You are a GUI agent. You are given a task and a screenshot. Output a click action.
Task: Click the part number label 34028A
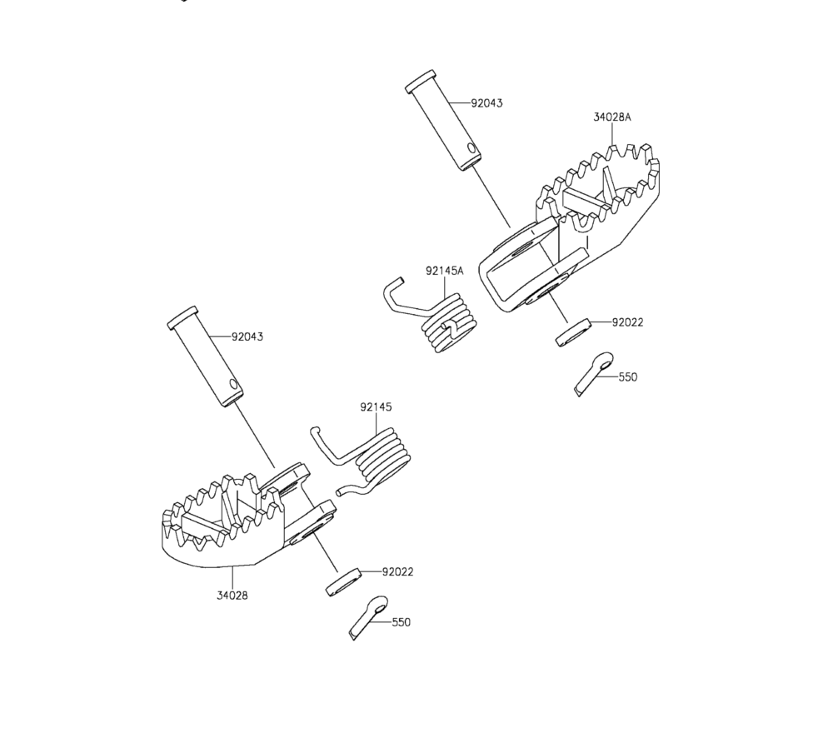(x=612, y=117)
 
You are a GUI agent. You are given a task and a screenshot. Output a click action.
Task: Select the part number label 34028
(x=232, y=596)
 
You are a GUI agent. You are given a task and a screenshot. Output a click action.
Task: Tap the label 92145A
(x=444, y=271)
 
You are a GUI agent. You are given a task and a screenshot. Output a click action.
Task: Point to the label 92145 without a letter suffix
(x=376, y=406)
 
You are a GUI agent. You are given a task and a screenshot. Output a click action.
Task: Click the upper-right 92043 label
(x=486, y=103)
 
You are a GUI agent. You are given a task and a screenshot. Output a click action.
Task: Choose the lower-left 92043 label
(x=247, y=337)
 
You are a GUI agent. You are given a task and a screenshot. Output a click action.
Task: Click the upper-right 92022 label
(x=627, y=322)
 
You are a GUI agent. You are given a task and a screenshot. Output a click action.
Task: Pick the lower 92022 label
(x=398, y=572)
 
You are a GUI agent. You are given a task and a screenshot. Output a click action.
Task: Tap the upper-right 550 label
(x=628, y=377)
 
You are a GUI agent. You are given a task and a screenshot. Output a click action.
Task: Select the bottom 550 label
(x=402, y=622)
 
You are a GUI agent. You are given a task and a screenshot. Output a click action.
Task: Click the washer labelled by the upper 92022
(x=573, y=332)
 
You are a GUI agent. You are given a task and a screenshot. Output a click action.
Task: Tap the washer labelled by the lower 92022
(x=343, y=583)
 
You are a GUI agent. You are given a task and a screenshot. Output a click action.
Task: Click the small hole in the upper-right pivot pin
(x=471, y=147)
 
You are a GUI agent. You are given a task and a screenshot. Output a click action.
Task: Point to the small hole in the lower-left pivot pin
(x=232, y=384)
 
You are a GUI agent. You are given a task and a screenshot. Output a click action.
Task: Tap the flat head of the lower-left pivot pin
(x=182, y=318)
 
